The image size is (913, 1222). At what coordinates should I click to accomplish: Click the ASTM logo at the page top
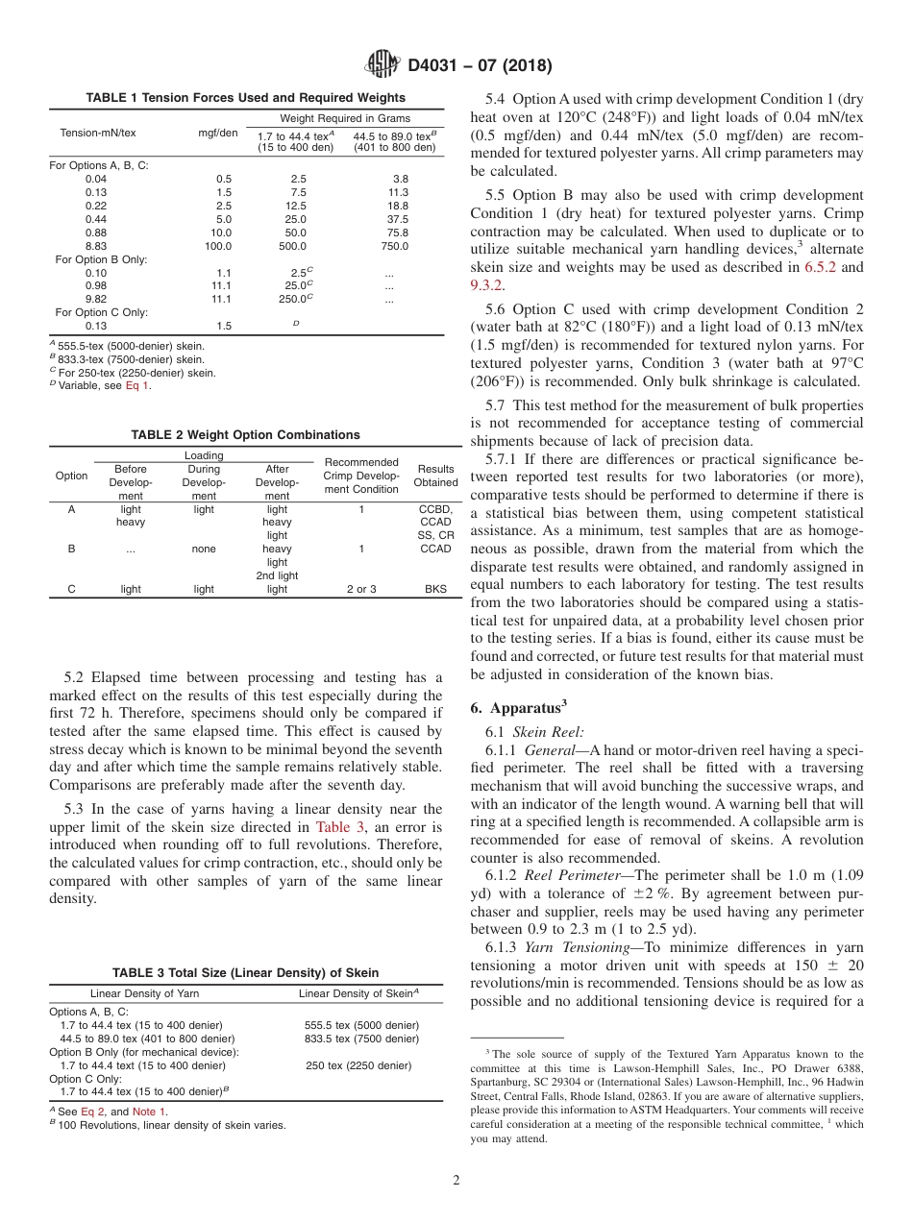click(x=383, y=65)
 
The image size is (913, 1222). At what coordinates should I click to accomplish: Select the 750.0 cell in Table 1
click(x=394, y=246)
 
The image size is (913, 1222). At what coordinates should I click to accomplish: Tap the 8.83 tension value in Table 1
click(x=96, y=246)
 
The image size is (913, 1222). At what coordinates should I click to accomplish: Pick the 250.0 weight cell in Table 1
click(x=294, y=299)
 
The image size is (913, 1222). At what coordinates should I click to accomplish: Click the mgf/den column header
click(x=217, y=133)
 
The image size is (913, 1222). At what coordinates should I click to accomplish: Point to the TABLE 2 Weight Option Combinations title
click(x=245, y=435)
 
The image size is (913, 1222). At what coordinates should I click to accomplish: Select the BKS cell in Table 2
click(x=435, y=589)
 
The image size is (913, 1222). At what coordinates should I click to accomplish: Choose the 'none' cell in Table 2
click(x=204, y=550)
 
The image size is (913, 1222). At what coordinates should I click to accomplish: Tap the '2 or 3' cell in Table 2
click(x=360, y=589)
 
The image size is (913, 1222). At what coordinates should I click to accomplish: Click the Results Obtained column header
click(x=435, y=476)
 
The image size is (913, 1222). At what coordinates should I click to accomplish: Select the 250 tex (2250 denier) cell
click(x=358, y=1065)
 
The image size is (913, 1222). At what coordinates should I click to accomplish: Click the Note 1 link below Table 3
click(x=149, y=1112)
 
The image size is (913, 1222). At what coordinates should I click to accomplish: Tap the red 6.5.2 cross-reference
click(x=821, y=267)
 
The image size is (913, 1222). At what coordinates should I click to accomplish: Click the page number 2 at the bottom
click(x=456, y=1181)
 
